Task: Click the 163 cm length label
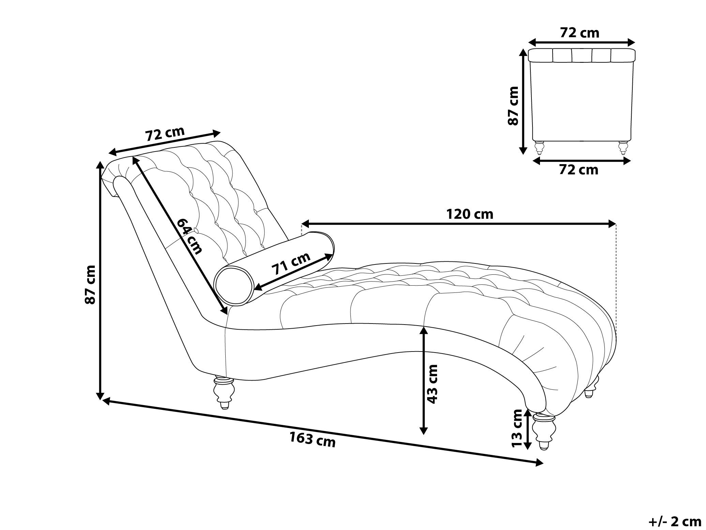pyautogui.click(x=313, y=440)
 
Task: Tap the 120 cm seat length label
pyautogui.click(x=470, y=214)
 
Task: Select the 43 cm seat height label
pyautogui.click(x=432, y=384)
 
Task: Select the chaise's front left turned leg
pyautogui.click(x=223, y=392)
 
